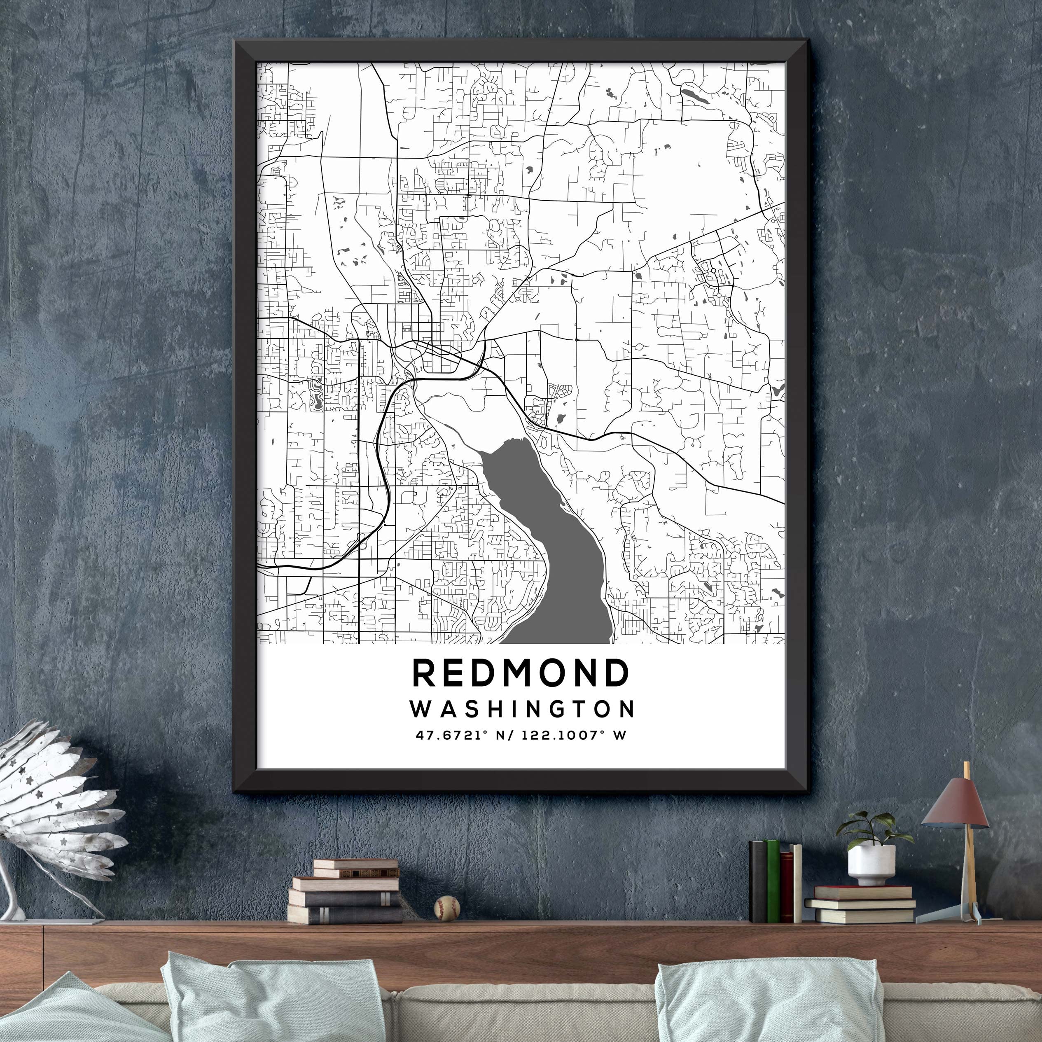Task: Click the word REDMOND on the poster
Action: pyautogui.click(x=521, y=673)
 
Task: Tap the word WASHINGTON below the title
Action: pyautogui.click(x=521, y=709)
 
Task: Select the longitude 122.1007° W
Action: pyautogui.click(x=566, y=735)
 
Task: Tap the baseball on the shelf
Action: pyautogui.click(x=447, y=908)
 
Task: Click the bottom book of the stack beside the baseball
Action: pyautogui.click(x=345, y=915)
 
